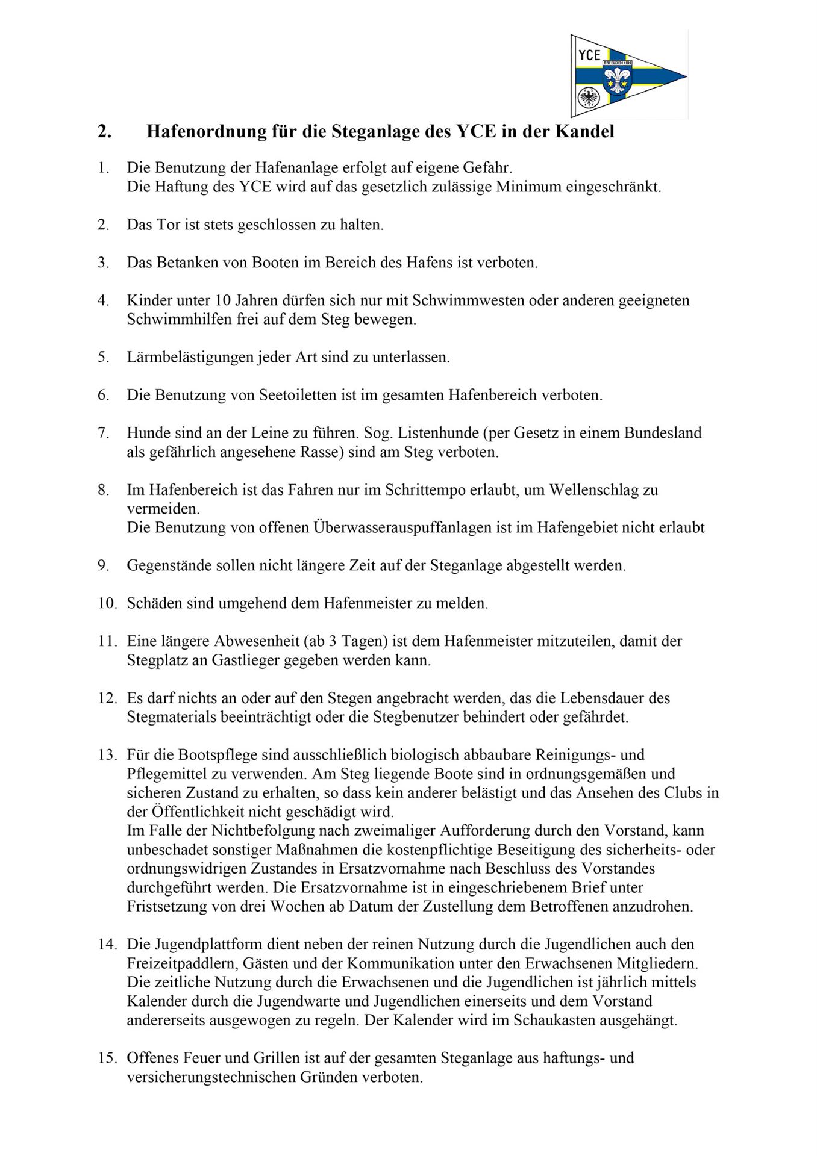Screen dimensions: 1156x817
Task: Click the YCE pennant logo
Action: pyautogui.click(x=628, y=75)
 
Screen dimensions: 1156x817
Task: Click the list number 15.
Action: pyautogui.click(x=107, y=1058)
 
